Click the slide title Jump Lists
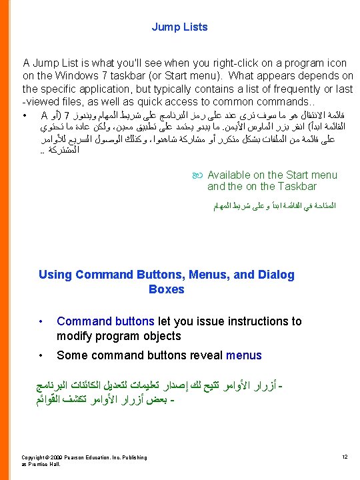[x=179, y=27]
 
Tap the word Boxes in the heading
[x=167, y=289]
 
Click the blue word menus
[x=244, y=355]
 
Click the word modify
[x=74, y=336]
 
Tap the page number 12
[x=345, y=457]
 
